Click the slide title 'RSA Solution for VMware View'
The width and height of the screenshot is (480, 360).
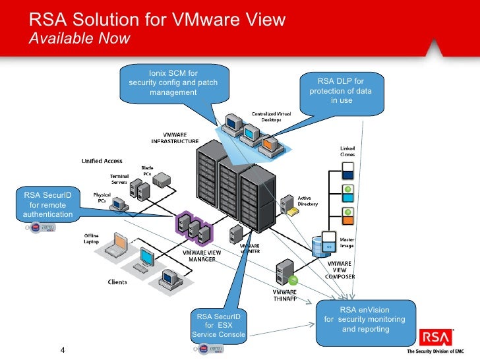[158, 20]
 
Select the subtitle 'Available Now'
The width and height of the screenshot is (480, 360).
[80, 38]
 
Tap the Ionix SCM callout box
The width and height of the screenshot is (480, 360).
[173, 82]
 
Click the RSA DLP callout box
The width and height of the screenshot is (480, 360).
[341, 91]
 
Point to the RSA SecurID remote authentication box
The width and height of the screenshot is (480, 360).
[44, 204]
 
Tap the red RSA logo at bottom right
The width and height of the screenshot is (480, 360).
[436, 338]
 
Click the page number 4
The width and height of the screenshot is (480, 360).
[63, 350]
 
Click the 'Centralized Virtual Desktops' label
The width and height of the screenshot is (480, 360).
[270, 117]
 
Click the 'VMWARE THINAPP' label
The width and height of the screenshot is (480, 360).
[285, 295]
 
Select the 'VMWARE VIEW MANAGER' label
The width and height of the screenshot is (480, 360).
[202, 256]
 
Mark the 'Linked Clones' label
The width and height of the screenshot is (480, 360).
[347, 151]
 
